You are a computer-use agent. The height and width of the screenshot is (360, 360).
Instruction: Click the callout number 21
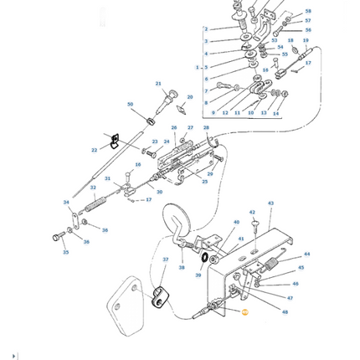(158, 84)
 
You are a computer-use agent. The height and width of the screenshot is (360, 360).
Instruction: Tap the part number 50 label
(130, 105)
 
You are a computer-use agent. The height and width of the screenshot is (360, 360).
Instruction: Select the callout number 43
(270, 203)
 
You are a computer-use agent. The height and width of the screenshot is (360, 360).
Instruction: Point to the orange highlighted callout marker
(244, 312)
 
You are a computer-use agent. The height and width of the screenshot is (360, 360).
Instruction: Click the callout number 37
(165, 260)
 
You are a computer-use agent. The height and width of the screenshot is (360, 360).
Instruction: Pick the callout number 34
(66, 203)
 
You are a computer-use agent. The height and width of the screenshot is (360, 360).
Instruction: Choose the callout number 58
(307, 12)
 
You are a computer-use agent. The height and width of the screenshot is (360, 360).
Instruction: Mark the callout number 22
(94, 150)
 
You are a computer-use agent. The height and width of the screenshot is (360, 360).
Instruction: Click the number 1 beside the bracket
(198, 67)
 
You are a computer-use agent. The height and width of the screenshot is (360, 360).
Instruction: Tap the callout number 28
(206, 128)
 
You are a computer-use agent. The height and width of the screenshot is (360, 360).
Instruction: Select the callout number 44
(306, 254)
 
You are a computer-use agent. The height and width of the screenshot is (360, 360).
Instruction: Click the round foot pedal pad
(176, 219)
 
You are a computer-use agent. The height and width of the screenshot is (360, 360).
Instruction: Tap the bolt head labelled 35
(58, 237)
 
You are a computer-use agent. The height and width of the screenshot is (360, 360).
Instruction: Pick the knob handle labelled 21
(171, 95)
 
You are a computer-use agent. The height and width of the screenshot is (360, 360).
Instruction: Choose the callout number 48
(285, 312)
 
